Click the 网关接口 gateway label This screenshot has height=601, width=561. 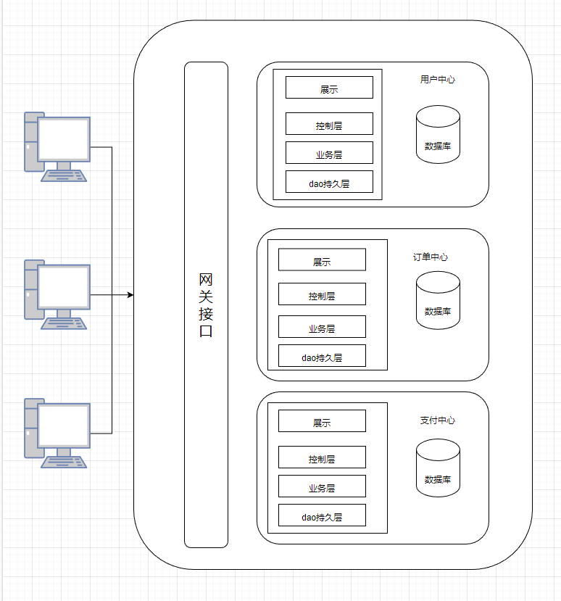pos(206,305)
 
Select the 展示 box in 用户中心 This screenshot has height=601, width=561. pos(329,88)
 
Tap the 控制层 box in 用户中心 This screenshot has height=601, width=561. pos(329,124)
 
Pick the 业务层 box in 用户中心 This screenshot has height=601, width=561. pos(329,153)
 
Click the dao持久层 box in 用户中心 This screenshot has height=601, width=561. pos(329,182)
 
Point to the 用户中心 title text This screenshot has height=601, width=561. pos(438,79)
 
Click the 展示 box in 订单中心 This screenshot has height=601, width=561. pos(322,260)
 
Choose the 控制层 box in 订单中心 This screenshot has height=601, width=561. pos(322,294)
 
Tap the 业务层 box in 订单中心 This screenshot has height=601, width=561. pos(322,327)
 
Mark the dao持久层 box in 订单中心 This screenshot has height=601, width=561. pos(322,356)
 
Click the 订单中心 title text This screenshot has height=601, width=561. pos(431,257)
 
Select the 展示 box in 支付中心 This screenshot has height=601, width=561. pos(322,421)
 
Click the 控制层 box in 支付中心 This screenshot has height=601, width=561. pos(322,457)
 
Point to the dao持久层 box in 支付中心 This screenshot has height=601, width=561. pos(322,515)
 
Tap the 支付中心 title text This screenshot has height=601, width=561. pos(438,420)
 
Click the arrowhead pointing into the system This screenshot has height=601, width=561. pos(130,295)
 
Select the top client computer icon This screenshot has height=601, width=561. pos(57,146)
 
